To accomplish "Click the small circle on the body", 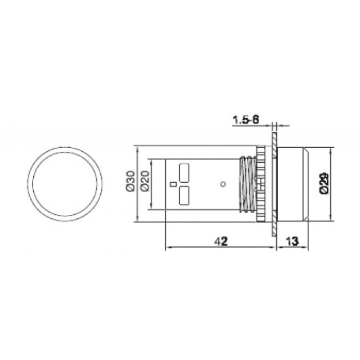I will coord(222,183).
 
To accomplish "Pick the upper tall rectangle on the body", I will coord(184,171).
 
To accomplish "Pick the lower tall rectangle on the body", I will coord(184,195).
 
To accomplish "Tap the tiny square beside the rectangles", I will coord(172,183).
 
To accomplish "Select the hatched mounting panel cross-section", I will coord(274,183).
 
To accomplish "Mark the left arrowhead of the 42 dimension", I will coord(168,248).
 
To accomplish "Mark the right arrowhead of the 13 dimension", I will coord(307,248).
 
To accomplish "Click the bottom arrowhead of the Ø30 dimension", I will coord(136,221).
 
